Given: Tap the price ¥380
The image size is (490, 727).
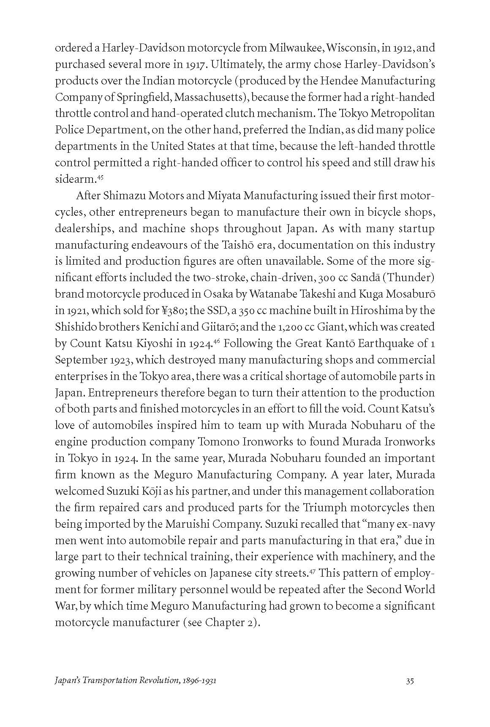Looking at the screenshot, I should point(174,311).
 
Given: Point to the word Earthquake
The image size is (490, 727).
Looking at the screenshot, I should point(388,344).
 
